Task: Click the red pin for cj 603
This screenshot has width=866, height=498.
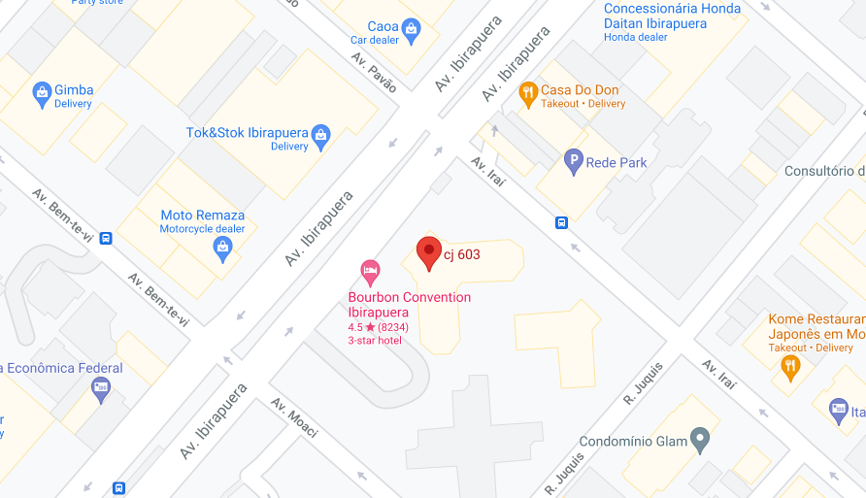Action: point(429,252)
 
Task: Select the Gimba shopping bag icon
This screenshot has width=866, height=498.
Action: point(42,93)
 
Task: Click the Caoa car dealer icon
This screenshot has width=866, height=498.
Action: point(411,30)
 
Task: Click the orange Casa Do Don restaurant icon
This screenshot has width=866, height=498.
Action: point(528,93)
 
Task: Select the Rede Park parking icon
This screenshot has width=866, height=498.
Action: point(574,162)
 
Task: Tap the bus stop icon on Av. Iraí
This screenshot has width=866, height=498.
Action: point(561,222)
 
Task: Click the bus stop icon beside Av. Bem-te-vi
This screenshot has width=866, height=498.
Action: point(106,238)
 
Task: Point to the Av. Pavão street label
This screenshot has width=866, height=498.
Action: point(374,71)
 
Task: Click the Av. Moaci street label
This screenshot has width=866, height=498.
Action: point(295,418)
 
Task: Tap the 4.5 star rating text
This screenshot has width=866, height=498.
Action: point(378,327)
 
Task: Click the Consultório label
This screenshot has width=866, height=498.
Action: point(824,172)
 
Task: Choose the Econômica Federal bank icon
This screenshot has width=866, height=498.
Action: point(101,390)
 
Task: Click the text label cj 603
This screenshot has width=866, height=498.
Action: point(462,254)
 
